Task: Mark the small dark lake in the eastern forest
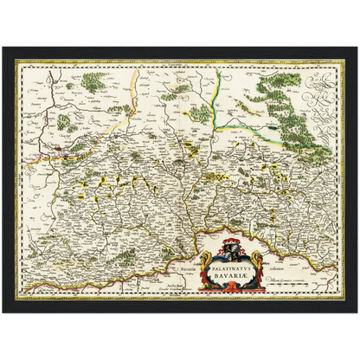click(275, 132)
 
